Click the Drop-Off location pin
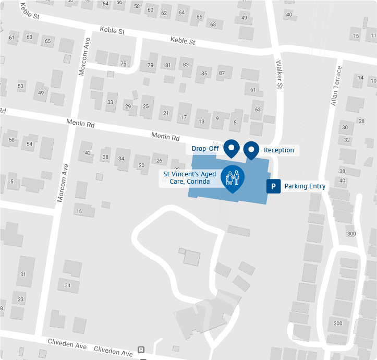tap(231, 149)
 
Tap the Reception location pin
tap(251, 150)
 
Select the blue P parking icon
tap(273, 186)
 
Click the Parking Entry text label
tap(305, 186)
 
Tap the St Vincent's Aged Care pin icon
tap(233, 178)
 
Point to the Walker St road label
tap(279, 74)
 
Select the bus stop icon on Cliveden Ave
tap(141, 350)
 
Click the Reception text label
tap(278, 150)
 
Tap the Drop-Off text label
tap(205, 149)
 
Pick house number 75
tap(124, 64)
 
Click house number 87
tap(222, 73)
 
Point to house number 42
tap(88, 153)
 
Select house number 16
tap(79, 211)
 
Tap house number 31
tap(23, 274)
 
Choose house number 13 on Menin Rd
tap(201, 122)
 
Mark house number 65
tap(48, 41)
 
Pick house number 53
tap(21, 86)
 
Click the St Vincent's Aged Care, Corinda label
tap(187, 178)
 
